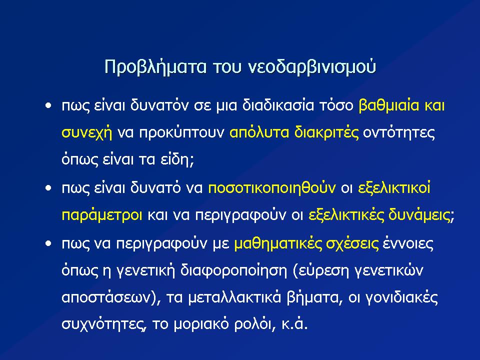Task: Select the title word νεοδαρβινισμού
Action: click(311, 67)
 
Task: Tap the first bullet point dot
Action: click(48, 106)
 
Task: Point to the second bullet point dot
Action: click(48, 188)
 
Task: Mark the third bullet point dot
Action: click(48, 243)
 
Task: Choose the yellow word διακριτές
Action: click(326, 132)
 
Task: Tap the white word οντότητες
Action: click(399, 132)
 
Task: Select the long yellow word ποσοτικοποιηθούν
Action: click(272, 187)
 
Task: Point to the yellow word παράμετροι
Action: click(102, 215)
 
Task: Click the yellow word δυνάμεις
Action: click(421, 215)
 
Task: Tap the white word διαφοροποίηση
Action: click(233, 270)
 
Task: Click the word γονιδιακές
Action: click(402, 297)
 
